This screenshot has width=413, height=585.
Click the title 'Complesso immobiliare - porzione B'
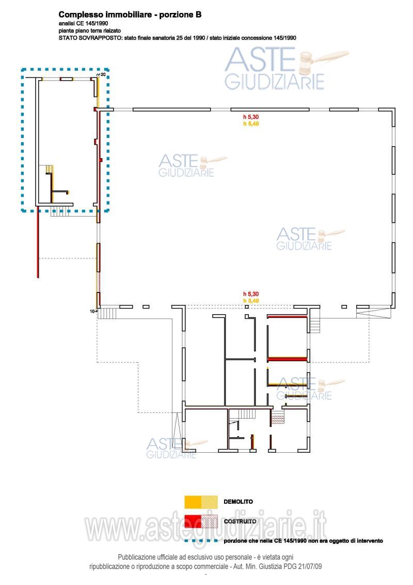(130, 14)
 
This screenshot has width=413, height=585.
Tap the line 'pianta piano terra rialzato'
(89, 30)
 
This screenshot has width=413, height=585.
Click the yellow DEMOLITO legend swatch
(201, 502)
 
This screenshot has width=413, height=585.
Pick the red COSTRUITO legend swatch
(201, 521)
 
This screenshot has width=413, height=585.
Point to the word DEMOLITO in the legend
(238, 502)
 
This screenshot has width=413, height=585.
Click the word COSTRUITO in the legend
(240, 521)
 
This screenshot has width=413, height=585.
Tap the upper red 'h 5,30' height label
(251, 117)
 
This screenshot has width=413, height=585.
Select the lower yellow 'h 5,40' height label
(251, 301)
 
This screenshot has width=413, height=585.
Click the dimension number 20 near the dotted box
(103, 74)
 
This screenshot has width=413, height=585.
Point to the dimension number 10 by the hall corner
(92, 311)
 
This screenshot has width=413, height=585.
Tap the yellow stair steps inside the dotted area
(49, 169)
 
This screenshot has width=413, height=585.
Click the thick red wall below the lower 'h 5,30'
(287, 317)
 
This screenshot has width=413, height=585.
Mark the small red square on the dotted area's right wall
(101, 160)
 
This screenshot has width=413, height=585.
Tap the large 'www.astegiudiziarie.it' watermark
(206, 527)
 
